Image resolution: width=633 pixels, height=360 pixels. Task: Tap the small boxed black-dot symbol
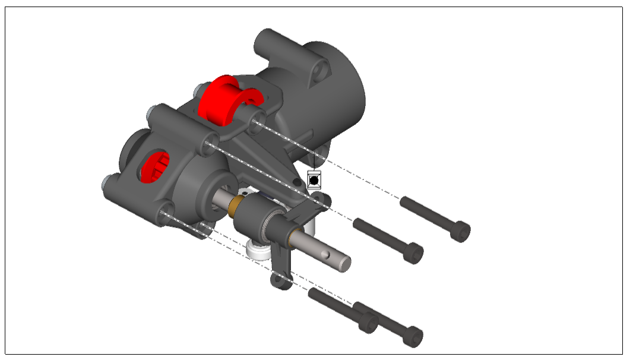point(314,178)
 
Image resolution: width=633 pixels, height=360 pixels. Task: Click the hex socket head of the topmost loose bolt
point(461,232)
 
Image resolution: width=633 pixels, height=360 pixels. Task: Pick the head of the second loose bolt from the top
point(414,253)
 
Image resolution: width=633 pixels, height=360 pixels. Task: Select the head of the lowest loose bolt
point(413,336)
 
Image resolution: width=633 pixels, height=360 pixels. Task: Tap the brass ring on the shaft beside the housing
point(237,206)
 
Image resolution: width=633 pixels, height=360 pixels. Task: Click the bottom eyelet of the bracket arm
point(280,280)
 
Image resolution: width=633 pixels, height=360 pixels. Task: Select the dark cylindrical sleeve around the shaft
point(252,219)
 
